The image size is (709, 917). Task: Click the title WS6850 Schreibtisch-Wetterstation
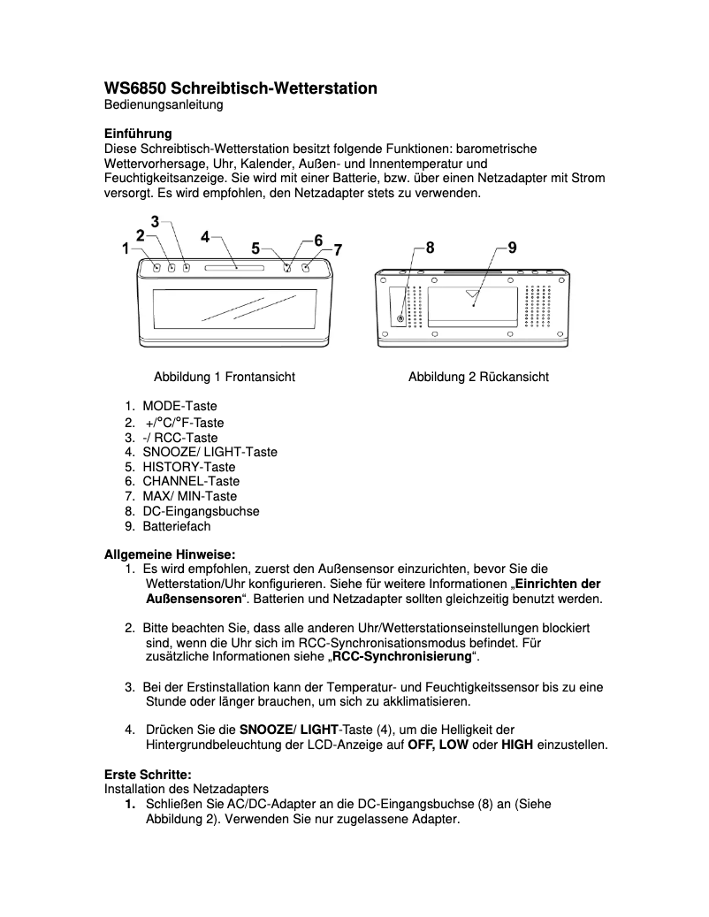[240, 88]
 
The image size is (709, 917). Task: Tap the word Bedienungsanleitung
[164, 105]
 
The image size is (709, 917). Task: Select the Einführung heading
[138, 134]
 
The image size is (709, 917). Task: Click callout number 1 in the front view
[126, 249]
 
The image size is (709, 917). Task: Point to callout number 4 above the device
[205, 236]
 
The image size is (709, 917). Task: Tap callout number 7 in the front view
[337, 249]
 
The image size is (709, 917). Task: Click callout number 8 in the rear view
[430, 248]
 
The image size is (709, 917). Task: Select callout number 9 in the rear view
[513, 248]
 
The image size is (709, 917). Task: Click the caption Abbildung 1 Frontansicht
[225, 377]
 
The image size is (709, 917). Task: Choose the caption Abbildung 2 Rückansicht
[478, 377]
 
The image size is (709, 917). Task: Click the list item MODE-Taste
[179, 406]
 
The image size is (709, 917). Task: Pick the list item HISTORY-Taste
[189, 466]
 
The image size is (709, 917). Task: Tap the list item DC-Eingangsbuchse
[201, 511]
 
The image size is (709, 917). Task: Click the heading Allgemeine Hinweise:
[170, 554]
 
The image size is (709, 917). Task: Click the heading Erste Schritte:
[148, 774]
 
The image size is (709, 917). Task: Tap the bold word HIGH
[517, 745]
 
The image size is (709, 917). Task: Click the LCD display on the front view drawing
[234, 307]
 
